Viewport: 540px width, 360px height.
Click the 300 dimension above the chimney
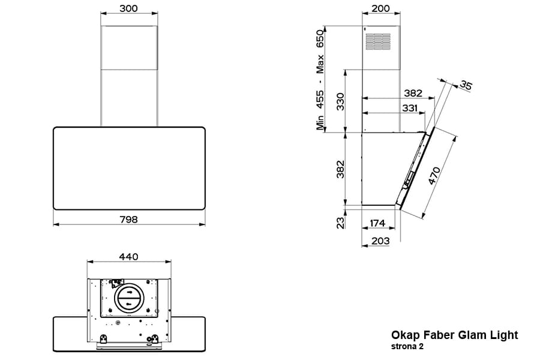[128, 8]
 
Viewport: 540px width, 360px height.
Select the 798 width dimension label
[129, 219]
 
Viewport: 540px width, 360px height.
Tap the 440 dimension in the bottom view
[128, 257]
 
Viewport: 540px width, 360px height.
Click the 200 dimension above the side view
[381, 8]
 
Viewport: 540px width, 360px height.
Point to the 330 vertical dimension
[340, 101]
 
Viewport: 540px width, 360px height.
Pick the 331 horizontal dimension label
[410, 108]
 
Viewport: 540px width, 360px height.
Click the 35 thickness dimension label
[466, 85]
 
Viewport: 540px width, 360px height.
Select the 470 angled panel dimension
[434, 176]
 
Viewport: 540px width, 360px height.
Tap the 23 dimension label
[340, 223]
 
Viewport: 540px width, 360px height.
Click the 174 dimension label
[377, 223]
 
